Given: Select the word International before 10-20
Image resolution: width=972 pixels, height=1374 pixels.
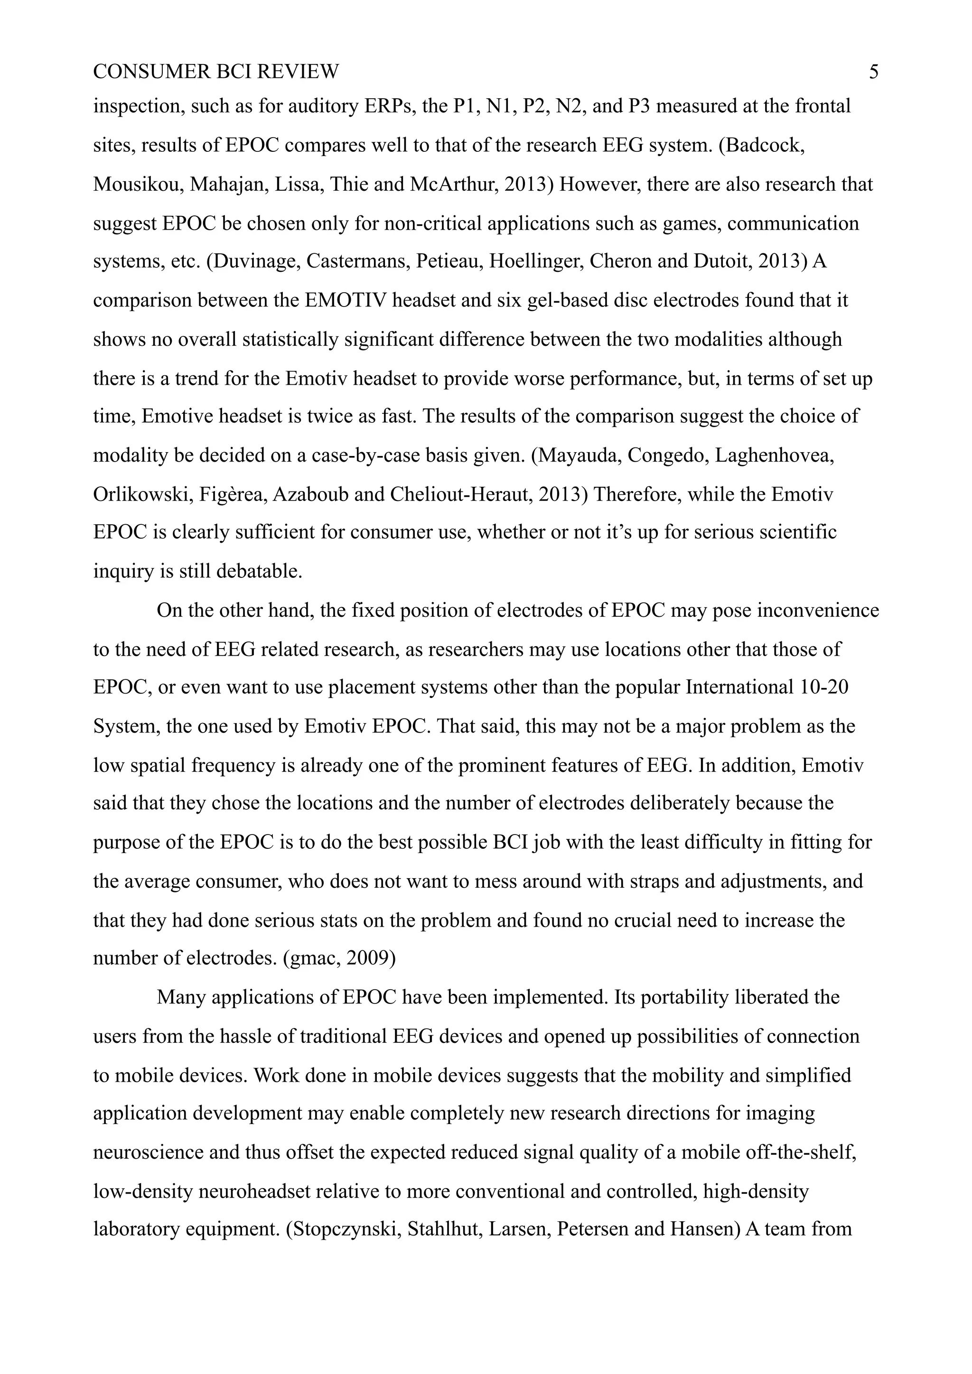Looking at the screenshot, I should pos(739,687).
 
